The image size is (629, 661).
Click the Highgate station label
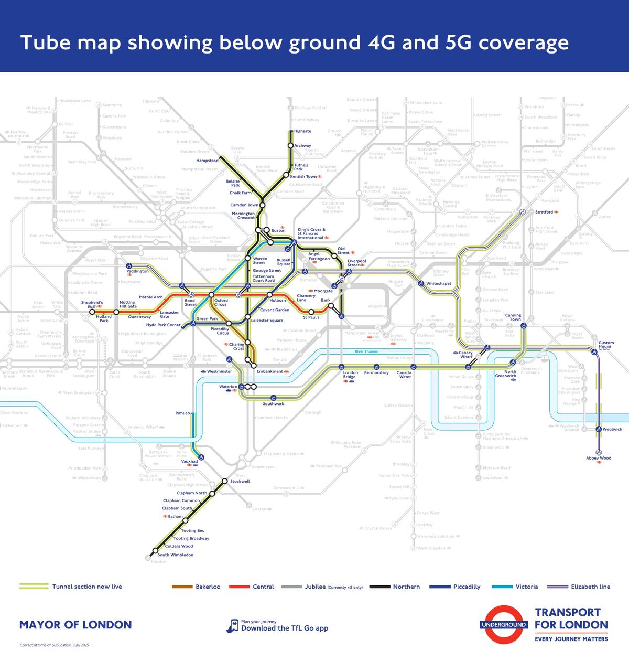(x=302, y=131)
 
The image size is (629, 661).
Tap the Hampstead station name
(x=207, y=161)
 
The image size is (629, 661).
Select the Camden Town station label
(x=244, y=205)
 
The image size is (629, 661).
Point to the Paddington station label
(x=137, y=271)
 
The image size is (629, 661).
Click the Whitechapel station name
(x=438, y=284)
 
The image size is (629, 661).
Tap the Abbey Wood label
(x=599, y=458)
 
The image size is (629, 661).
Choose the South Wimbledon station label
(x=176, y=555)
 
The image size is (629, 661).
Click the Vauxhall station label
(x=190, y=462)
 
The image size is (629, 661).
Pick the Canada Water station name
(x=404, y=375)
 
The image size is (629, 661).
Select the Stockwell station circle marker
(x=225, y=481)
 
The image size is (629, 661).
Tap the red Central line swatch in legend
(x=239, y=587)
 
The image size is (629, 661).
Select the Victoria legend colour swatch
(x=502, y=587)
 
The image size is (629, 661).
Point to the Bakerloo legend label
(x=208, y=587)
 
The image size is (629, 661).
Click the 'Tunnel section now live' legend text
(x=87, y=587)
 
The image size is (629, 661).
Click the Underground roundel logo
(x=503, y=624)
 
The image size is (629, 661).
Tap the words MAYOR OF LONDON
(x=75, y=625)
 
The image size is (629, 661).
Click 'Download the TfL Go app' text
(x=285, y=628)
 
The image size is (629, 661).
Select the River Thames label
(x=366, y=351)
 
